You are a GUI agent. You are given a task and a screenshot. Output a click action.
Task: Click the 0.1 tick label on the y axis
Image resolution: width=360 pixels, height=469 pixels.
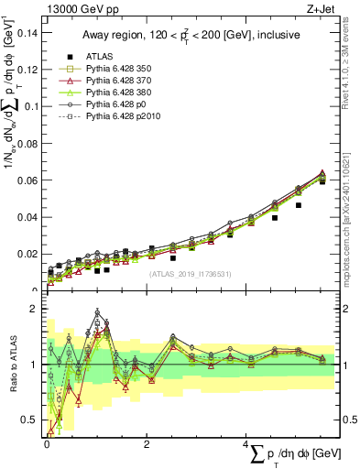(33, 106)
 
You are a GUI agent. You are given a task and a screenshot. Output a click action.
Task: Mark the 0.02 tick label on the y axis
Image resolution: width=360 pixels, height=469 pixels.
(29, 254)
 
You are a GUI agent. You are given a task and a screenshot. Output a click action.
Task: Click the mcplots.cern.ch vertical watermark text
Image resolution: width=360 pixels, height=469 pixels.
(349, 215)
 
